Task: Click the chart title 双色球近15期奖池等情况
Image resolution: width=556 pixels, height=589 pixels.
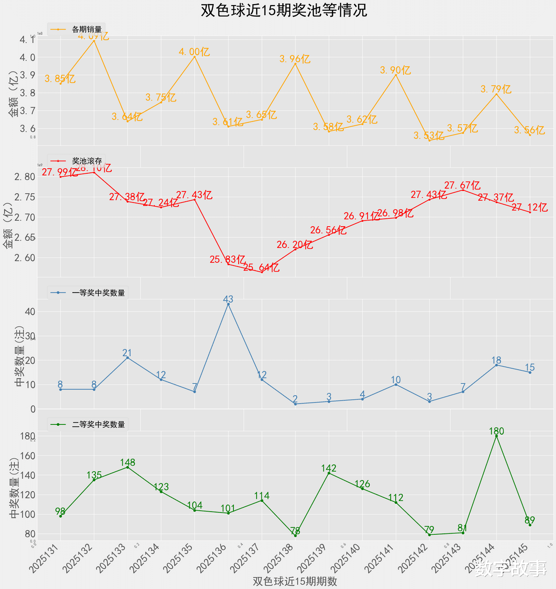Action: [284, 10]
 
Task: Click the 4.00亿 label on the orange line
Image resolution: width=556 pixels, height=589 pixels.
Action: [195, 52]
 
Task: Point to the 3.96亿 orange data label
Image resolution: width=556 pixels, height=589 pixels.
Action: [295, 59]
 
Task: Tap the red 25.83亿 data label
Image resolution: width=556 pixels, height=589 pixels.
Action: [227, 260]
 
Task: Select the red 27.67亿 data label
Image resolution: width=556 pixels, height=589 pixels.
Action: [462, 185]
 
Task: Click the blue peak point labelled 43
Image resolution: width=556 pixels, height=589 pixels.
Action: [228, 304]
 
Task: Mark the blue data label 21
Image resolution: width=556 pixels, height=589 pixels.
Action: [127, 353]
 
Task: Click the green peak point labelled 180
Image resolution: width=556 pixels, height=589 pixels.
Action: [496, 436]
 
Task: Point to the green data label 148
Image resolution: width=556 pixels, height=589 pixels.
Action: [127, 462]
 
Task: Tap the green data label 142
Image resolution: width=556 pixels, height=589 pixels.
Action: [329, 469]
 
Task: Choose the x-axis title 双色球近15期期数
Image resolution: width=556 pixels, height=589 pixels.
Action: [295, 581]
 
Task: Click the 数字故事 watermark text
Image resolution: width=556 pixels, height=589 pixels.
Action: [511, 568]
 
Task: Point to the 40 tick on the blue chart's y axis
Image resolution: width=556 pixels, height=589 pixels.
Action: [30, 311]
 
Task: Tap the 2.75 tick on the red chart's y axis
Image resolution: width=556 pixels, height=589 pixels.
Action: [24, 197]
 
